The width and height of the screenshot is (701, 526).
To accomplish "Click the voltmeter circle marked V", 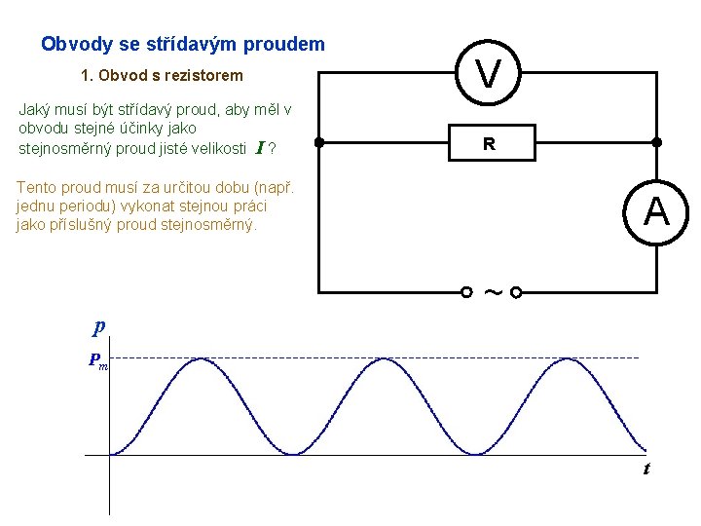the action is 489,71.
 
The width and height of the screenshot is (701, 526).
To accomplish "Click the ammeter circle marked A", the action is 656,211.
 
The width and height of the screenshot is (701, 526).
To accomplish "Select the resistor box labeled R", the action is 489,143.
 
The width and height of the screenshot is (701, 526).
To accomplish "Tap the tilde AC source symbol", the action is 492,291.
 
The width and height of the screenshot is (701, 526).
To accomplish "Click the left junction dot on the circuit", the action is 319,142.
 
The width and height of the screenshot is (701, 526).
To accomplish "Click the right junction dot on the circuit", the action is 657,142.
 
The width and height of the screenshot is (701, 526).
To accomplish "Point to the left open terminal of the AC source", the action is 466,291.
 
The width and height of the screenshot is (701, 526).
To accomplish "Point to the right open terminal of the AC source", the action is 516,291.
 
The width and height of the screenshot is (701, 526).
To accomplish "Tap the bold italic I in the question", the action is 259,148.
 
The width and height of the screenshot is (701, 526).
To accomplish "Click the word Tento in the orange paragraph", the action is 37,187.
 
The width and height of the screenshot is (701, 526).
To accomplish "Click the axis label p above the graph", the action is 99,326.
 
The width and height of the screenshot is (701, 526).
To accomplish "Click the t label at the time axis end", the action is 646,470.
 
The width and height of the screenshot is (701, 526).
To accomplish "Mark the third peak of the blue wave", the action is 556,359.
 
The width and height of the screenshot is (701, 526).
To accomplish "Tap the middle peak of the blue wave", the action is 377,359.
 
